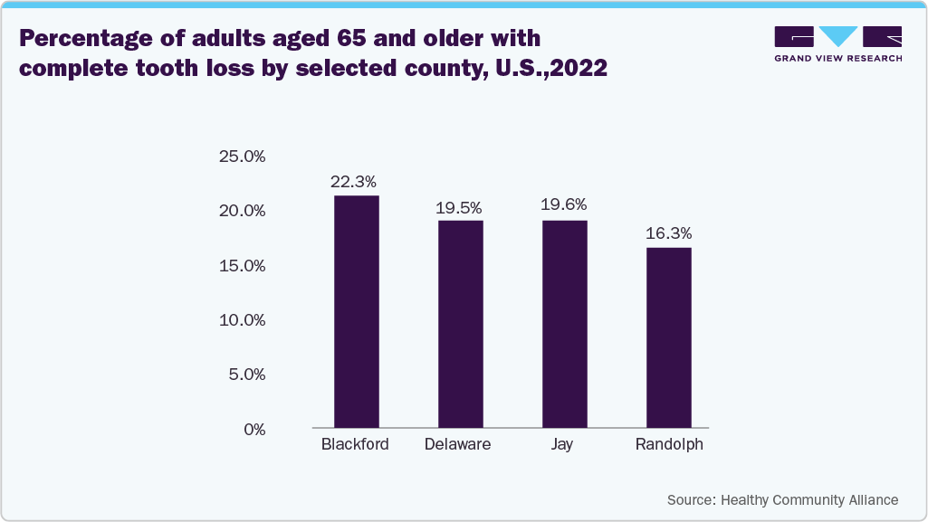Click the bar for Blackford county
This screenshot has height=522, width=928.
pyautogui.click(x=356, y=311)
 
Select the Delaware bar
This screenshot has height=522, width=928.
pyautogui.click(x=460, y=323)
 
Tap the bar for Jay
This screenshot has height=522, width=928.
pyautogui.click(x=564, y=323)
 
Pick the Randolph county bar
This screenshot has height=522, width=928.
pyautogui.click(x=668, y=337)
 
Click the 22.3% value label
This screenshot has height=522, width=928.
pyautogui.click(x=353, y=182)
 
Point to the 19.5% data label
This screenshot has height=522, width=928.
pyautogui.click(x=458, y=206)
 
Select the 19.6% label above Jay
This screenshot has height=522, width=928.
pyautogui.click(x=564, y=205)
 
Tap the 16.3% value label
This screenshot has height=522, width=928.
pyautogui.click(x=668, y=233)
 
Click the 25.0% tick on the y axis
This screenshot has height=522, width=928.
pyautogui.click(x=242, y=157)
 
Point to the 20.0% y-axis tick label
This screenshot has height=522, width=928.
pyautogui.click(x=242, y=211)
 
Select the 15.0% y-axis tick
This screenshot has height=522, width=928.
pyautogui.click(x=242, y=266)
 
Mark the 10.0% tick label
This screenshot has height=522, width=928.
pyautogui.click(x=242, y=320)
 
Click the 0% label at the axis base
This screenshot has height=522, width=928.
pyautogui.click(x=254, y=429)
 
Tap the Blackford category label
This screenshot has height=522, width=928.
pyautogui.click(x=355, y=445)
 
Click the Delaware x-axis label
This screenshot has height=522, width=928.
pyautogui.click(x=458, y=445)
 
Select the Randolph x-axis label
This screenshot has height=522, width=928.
pyautogui.click(x=669, y=445)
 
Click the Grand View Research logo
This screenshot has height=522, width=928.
pyautogui.click(x=837, y=43)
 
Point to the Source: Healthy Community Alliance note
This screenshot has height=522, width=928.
pyautogui.click(x=782, y=500)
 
